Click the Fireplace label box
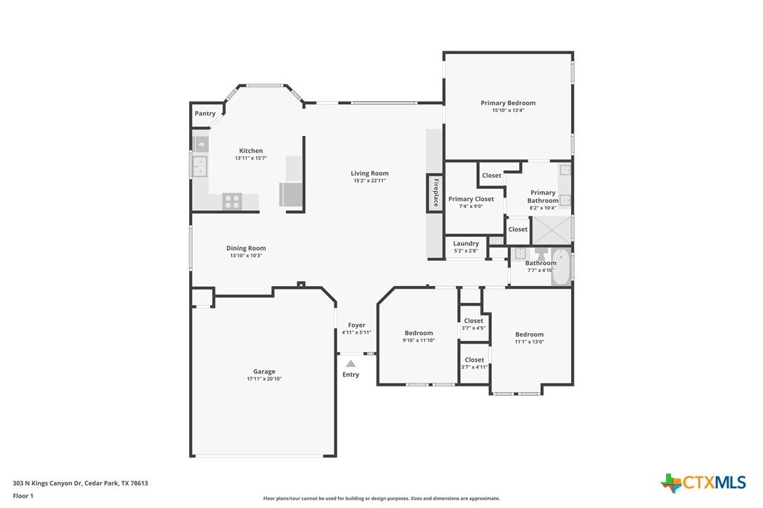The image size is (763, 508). [436, 193]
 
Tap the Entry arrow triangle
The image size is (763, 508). [351, 363]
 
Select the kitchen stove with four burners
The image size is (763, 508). [232, 202]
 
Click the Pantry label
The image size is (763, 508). [205, 113]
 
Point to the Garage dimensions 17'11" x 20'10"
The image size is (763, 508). [264, 379]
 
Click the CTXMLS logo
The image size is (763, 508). [703, 483]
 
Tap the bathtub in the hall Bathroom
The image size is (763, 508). [561, 267]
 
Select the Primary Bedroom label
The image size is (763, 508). [508, 103]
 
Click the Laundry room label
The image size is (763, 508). [466, 243]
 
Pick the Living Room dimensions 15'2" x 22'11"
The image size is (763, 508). [370, 181]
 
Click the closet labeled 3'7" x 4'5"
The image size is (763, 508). [474, 324]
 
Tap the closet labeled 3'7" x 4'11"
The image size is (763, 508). [474, 363]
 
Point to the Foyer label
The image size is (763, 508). [357, 325]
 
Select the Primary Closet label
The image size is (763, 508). [471, 199]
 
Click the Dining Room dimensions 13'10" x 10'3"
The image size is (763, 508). [246, 256]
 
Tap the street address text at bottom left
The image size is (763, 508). [80, 483]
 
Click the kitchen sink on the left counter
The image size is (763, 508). [200, 166]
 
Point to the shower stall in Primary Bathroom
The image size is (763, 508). [552, 230]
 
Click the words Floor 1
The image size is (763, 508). [23, 496]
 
